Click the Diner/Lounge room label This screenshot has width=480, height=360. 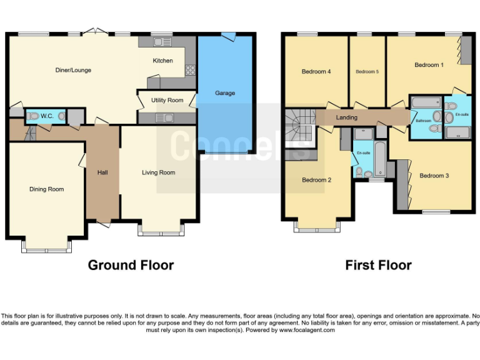coord(73,70)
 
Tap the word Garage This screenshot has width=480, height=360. coord(225,93)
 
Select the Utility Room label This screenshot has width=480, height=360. coord(167,100)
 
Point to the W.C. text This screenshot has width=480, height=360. coord(47,116)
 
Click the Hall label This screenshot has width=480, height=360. coord(102,172)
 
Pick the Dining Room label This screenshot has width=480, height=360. coord(47,189)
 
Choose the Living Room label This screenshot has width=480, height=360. coord(158,172)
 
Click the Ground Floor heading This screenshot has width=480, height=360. coord(131,265)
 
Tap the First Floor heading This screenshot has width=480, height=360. coord(378,265)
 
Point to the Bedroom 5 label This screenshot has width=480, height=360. coord(367,72)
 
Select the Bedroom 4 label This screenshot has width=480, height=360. coord(316,72)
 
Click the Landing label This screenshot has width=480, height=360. coord(347,117)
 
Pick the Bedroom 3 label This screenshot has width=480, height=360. coord(434,176)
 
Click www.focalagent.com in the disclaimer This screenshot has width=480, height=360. coord(306,330)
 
